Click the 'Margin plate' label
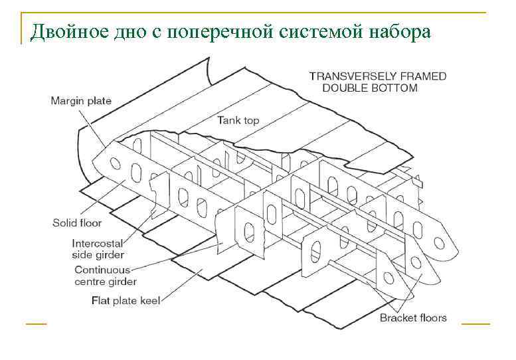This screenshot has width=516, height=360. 81,101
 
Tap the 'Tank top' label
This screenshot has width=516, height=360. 238,120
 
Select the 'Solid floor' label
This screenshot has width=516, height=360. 77,223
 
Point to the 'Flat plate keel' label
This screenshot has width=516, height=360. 126,300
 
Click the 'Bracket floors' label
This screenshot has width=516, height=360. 413,317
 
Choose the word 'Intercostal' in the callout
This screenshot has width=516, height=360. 98,244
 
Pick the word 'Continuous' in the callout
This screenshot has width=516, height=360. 102,270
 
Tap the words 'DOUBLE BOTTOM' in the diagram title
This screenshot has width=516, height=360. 371,88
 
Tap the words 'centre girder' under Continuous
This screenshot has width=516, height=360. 106,282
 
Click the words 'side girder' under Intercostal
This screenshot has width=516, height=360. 98,255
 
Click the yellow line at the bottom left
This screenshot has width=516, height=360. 37,324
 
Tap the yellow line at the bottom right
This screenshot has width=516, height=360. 475,324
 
